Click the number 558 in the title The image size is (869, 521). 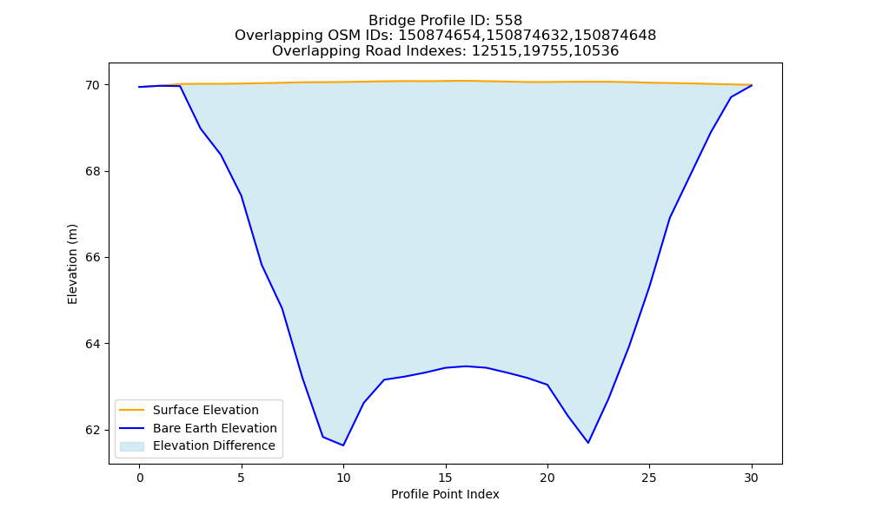tap(508, 21)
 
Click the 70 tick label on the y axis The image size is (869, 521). tap(93, 85)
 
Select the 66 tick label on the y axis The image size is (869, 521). tap(93, 257)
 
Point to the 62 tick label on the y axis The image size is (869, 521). tap(93, 430)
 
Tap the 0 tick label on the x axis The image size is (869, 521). tap(140, 478)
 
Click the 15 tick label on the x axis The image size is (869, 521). tap(445, 478)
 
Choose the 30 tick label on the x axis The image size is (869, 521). tap(751, 478)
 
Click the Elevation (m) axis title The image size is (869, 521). tap(73, 264)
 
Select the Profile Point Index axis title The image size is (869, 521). tap(445, 494)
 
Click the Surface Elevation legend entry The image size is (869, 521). tap(206, 410)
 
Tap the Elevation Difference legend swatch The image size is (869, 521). tap(132, 446)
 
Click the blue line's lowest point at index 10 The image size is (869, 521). tap(343, 445)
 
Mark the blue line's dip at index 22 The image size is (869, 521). tap(588, 443)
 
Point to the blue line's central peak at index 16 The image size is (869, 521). tap(466, 366)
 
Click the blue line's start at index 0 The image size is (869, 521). tap(139, 87)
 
